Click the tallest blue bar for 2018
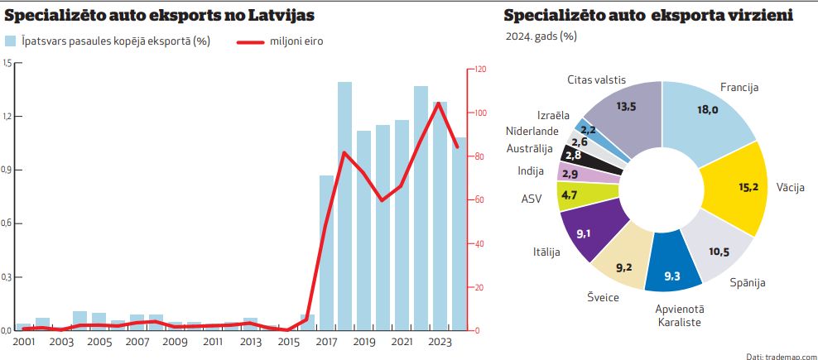pyautogui.click(x=344, y=207)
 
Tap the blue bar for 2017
pyautogui.click(x=326, y=252)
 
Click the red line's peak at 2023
pyautogui.click(x=439, y=103)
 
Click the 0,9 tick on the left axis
pyautogui.click(x=7, y=170)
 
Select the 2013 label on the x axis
pyautogui.click(x=251, y=341)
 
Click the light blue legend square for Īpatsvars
pyautogui.click(x=11, y=41)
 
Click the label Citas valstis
pyautogui.click(x=596, y=79)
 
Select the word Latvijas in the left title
pyautogui.click(x=276, y=16)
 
